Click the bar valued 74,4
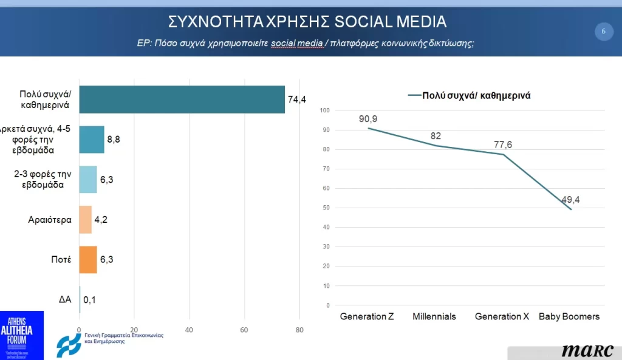(182, 100)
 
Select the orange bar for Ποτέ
(88, 259)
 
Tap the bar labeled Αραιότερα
(85, 220)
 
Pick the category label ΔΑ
(65, 299)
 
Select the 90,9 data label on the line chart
(367, 118)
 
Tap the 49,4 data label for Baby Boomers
(569, 200)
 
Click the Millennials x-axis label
(434, 317)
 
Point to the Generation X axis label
(501, 317)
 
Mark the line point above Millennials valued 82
(436, 145)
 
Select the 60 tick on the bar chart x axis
(244, 330)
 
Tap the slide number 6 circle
(603, 31)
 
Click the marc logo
(587, 351)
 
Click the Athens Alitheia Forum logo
(22, 335)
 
